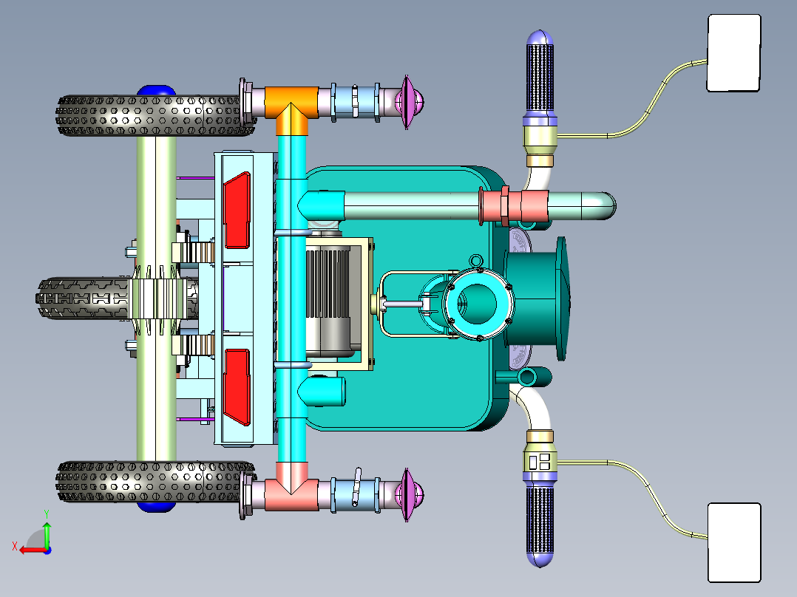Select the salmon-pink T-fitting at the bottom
[x=291, y=486]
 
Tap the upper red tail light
[x=237, y=211]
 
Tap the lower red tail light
[x=237, y=387]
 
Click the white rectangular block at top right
[x=734, y=53]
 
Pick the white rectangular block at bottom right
[x=734, y=542]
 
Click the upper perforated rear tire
[x=155, y=115]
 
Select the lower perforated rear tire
[x=155, y=482]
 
